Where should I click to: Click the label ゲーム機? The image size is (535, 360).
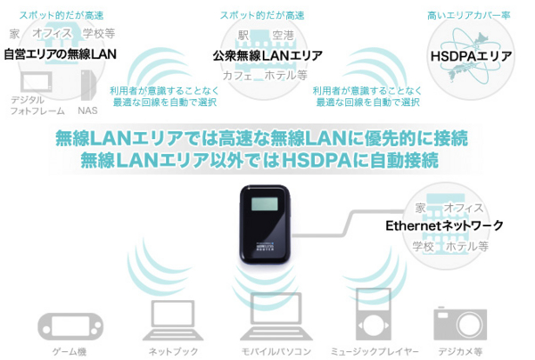click(x=70, y=351)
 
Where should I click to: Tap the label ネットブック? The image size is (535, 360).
click(x=174, y=351)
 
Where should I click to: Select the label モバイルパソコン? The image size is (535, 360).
click(x=276, y=351)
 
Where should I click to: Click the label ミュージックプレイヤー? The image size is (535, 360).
click(x=372, y=351)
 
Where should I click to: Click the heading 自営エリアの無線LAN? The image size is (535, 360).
click(x=60, y=54)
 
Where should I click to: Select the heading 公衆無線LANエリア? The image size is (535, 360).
click(x=267, y=55)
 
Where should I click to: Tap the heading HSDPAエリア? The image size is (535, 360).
click(x=470, y=55)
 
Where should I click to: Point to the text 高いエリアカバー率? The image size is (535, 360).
click(x=470, y=16)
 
